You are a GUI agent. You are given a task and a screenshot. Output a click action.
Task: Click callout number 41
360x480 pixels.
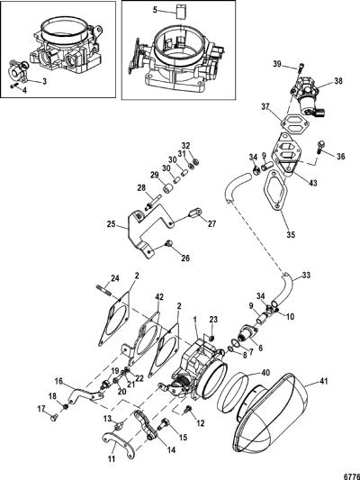point(323,381)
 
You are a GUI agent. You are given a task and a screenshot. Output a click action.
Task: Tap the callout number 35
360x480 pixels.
point(291,234)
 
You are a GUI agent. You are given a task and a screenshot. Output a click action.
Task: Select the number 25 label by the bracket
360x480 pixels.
point(112,224)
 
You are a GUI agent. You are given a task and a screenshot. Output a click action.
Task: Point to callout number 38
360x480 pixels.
point(338,81)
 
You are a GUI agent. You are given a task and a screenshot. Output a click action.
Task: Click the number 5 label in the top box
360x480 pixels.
point(155,10)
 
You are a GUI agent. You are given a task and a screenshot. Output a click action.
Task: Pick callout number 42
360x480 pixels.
point(159,296)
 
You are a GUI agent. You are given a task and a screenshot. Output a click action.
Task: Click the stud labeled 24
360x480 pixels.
point(104,289)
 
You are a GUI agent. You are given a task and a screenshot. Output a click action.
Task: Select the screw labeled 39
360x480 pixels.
point(301,67)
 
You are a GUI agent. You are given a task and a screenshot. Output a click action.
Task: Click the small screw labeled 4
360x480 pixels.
point(13,86)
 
